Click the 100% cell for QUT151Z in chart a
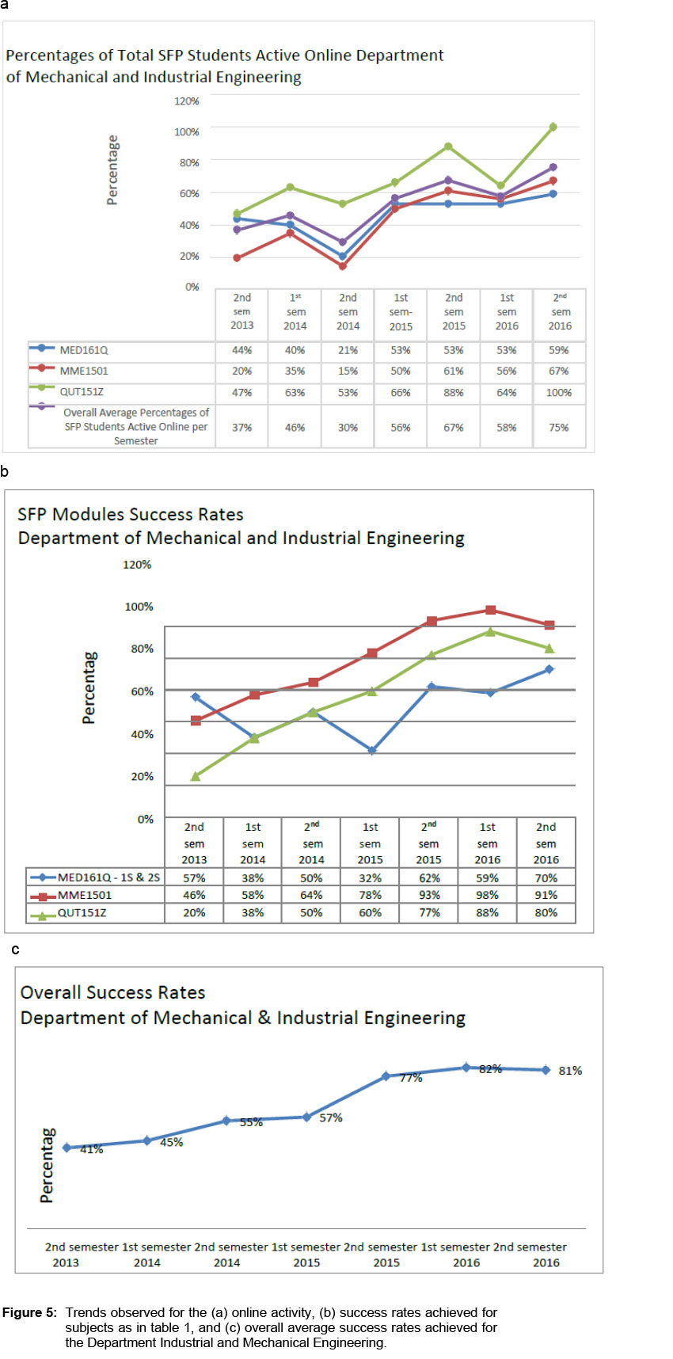(x=559, y=393)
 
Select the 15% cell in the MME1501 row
(x=348, y=371)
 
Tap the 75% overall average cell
(x=559, y=428)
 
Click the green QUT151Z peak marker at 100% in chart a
(x=553, y=127)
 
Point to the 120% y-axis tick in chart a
(x=187, y=101)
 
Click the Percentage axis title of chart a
(x=112, y=170)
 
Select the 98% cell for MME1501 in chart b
(x=487, y=896)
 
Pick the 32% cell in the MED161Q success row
(x=370, y=878)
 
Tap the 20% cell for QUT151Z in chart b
(x=194, y=913)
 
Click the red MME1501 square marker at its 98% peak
(x=491, y=610)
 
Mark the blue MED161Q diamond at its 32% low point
(x=372, y=751)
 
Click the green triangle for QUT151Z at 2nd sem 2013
(x=196, y=776)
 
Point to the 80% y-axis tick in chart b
(x=142, y=649)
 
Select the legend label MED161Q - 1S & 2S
(x=108, y=878)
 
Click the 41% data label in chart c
(x=91, y=1150)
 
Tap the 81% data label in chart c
(x=570, y=1071)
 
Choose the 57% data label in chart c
(x=331, y=1118)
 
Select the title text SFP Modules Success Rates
(x=131, y=515)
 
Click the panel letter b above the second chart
(x=5, y=472)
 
